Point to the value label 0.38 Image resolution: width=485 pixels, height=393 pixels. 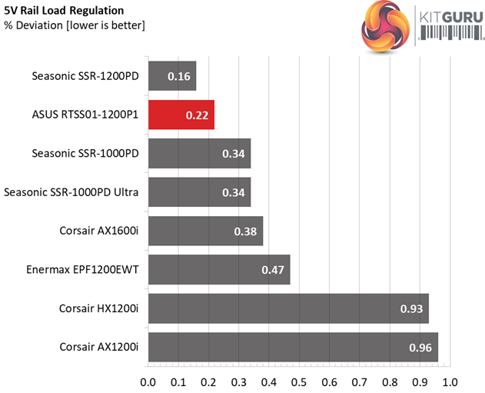pyautogui.click(x=246, y=231)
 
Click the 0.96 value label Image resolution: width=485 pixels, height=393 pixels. pyautogui.click(x=421, y=347)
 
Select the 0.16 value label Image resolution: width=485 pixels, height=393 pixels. pyautogui.click(x=179, y=76)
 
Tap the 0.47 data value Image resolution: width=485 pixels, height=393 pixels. pyautogui.click(x=273, y=270)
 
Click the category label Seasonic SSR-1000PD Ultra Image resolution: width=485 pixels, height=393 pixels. pyautogui.click(x=71, y=192)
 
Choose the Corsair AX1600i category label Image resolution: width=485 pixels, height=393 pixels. pyautogui.click(x=99, y=231)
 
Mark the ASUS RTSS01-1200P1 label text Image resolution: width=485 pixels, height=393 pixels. pyautogui.click(x=85, y=115)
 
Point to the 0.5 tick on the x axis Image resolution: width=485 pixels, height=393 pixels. pyautogui.click(x=299, y=381)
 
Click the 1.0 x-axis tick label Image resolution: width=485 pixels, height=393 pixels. pyautogui.click(x=450, y=381)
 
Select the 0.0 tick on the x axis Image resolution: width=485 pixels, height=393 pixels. pyautogui.click(x=148, y=381)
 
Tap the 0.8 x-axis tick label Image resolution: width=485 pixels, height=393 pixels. pyautogui.click(x=390, y=381)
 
